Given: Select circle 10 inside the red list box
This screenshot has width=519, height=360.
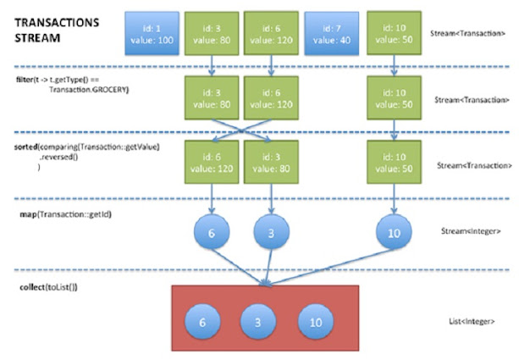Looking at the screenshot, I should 316,323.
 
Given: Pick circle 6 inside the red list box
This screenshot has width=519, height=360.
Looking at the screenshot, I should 202,323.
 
